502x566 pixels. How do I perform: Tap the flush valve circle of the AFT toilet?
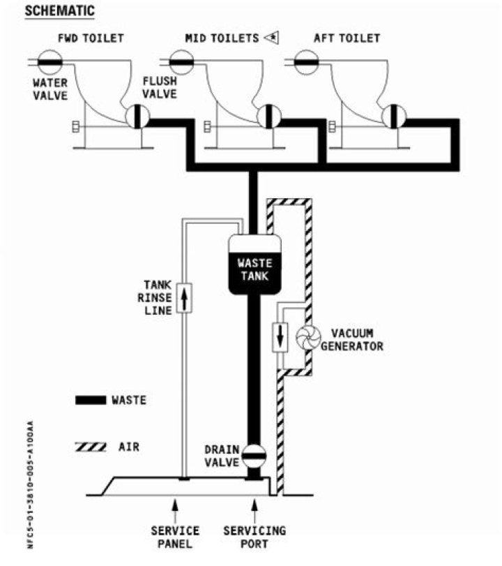point(394,116)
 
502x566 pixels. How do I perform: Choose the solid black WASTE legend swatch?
point(91,401)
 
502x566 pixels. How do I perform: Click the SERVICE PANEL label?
point(174,537)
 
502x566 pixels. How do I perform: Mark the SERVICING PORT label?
point(254,537)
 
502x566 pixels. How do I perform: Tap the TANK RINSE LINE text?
point(158,297)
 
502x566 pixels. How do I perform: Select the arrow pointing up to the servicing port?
point(254,506)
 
